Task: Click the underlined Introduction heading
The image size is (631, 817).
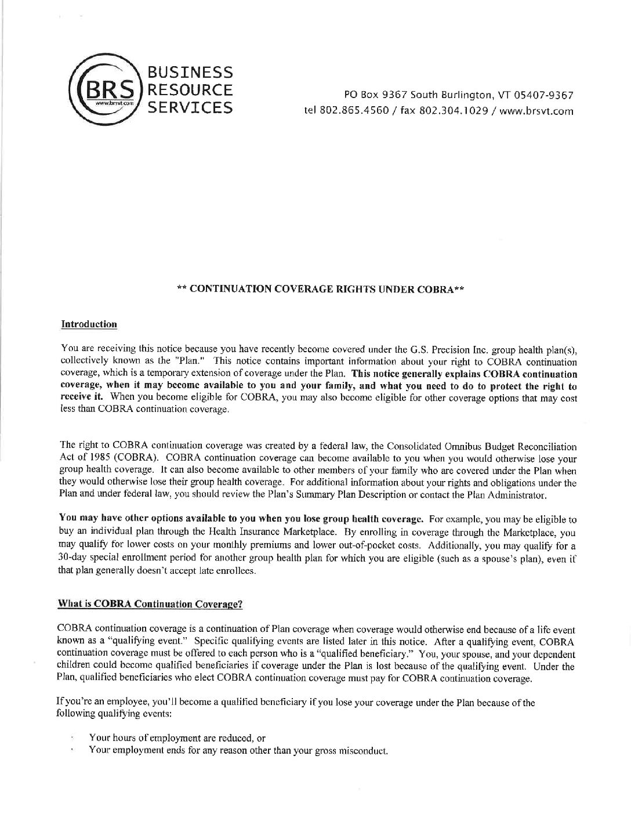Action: (89, 324)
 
